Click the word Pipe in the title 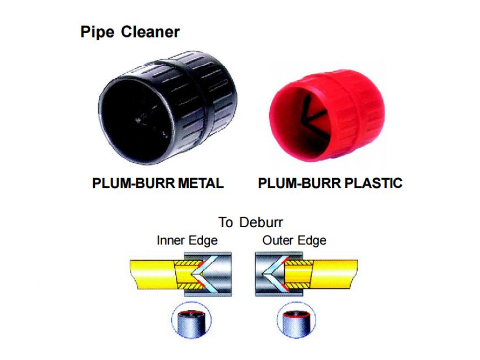tap(97, 32)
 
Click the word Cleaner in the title tap(150, 31)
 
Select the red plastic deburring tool tap(327, 115)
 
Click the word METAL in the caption tap(201, 183)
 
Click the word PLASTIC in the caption tap(374, 183)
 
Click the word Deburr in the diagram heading tap(261, 222)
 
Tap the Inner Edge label tap(187, 240)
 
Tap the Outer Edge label tap(294, 240)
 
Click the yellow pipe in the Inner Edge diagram tap(152, 274)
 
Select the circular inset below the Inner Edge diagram tap(191, 320)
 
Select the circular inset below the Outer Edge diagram tap(296, 320)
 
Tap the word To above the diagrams tap(226, 222)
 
